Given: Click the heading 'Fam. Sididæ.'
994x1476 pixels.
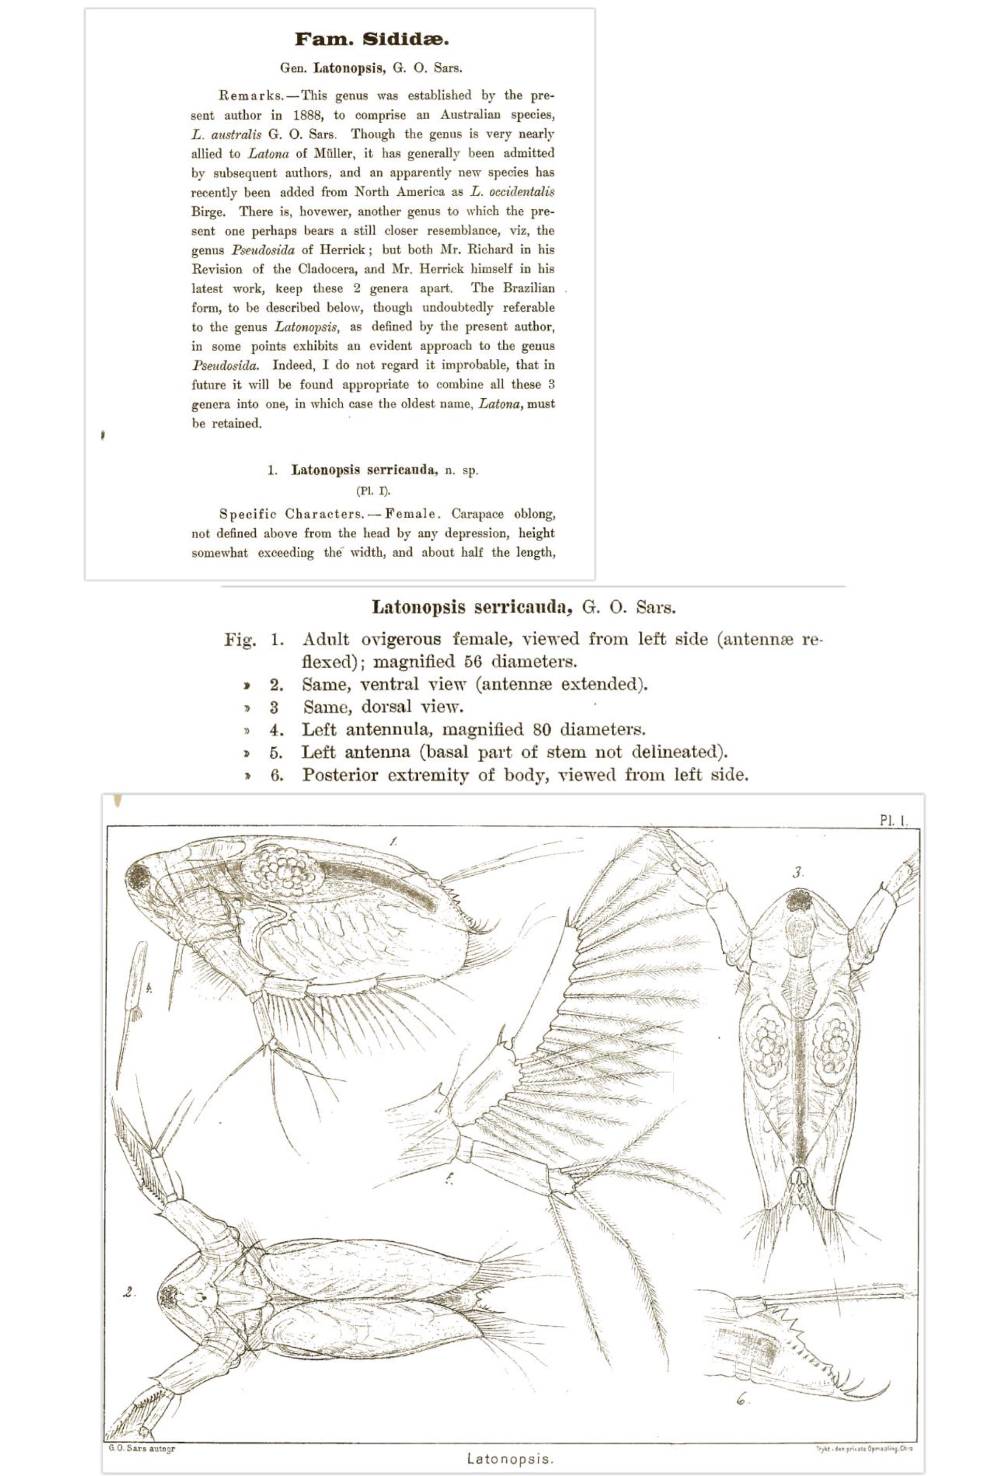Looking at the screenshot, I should click(x=372, y=40).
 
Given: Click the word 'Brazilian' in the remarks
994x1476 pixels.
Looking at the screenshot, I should click(x=529, y=288).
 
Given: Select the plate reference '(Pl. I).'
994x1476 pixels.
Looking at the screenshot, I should click(x=373, y=490).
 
